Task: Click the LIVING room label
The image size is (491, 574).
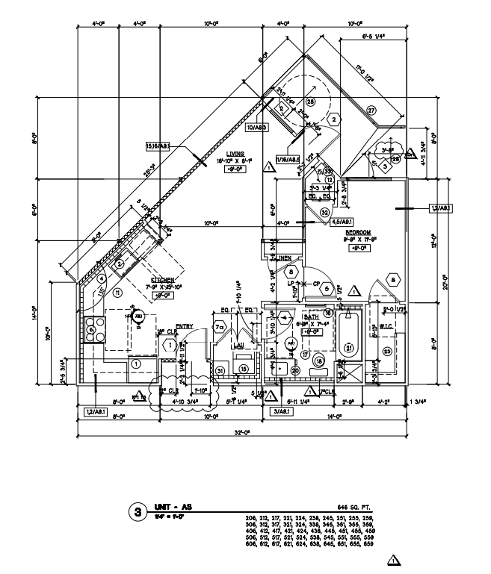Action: pos(224,153)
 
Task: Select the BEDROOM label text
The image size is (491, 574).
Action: pos(358,233)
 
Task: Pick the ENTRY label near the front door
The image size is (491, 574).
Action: pos(185,325)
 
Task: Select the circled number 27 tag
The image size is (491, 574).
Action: pos(371,110)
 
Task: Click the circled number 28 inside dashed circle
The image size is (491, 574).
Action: pos(309,102)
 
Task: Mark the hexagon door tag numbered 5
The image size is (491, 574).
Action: pos(327,289)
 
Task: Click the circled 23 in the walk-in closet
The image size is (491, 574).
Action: pos(387,351)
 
